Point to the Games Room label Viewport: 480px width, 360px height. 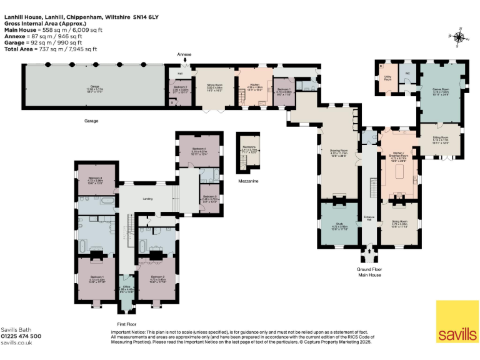coord(441,91)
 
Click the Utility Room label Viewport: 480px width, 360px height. coord(387,78)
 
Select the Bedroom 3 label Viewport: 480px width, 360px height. coord(95,180)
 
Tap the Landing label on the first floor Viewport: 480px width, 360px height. coord(147,199)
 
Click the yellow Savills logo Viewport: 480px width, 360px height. coord(457,322)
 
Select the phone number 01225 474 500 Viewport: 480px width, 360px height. coord(21,336)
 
